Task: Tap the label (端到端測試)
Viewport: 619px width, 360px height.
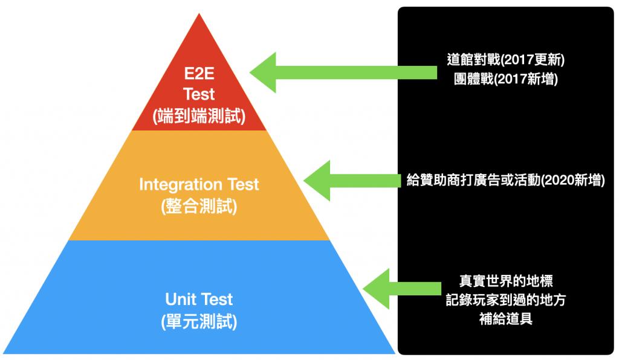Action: (199, 115)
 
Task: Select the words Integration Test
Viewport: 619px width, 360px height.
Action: (199, 184)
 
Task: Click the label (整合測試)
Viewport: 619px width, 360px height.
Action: (199, 207)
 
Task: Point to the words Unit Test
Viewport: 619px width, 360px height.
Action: (199, 299)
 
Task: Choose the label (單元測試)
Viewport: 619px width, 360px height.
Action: (199, 322)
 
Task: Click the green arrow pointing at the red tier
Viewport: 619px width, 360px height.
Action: (339, 73)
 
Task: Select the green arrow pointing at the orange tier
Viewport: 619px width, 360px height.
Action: (351, 180)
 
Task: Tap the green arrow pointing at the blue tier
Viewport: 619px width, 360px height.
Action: (399, 289)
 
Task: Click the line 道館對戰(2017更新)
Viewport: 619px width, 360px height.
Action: (505, 61)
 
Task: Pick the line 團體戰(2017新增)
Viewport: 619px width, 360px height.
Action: (505, 80)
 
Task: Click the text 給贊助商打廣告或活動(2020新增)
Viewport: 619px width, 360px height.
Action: (505, 180)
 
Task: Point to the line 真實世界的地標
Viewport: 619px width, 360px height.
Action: (505, 281)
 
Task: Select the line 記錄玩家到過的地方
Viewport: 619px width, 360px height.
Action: (505, 300)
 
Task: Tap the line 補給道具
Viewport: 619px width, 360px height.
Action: (505, 319)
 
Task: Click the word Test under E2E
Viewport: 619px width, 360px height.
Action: (199, 95)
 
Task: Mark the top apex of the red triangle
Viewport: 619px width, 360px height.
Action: (199, 14)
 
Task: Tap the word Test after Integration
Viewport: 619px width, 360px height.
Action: (243, 184)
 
